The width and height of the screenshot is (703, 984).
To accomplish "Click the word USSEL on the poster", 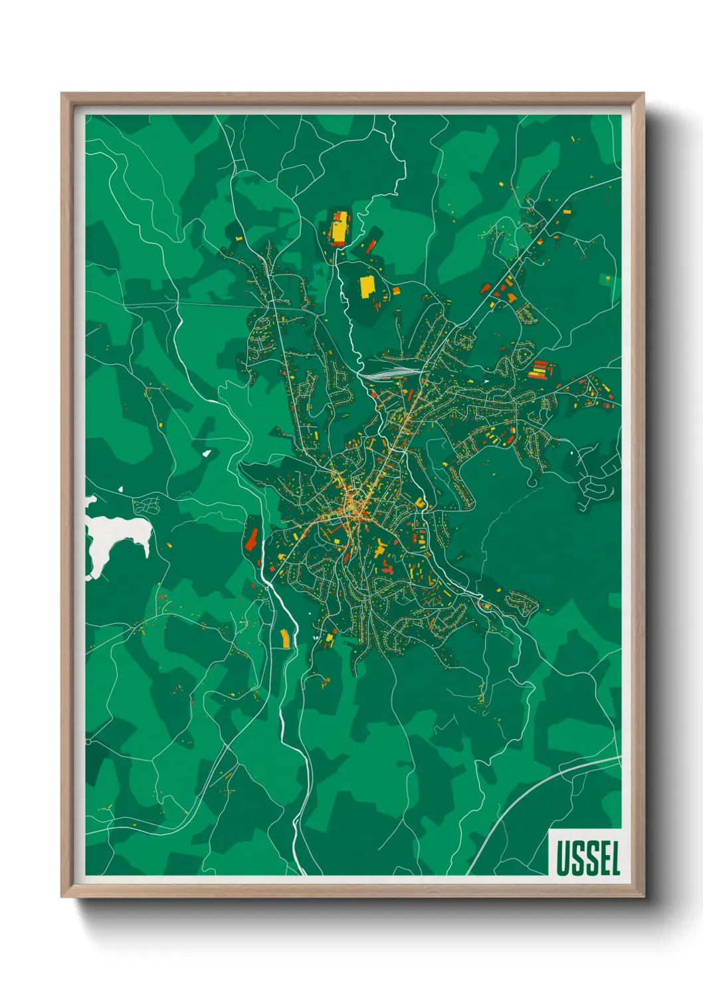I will coord(587,858).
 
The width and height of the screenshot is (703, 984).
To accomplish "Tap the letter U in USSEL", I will coord(563,858).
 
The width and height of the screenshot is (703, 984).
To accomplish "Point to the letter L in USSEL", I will coord(614,858).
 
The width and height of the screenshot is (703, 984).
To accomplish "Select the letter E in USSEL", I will coord(601,858).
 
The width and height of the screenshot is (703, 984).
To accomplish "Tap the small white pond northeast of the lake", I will coord(207,453).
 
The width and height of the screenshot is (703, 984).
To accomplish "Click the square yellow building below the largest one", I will coord(367,286).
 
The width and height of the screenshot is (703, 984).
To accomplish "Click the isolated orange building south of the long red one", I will coord(286,637).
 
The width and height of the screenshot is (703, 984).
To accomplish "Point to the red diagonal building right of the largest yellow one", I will coord(370,247).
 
